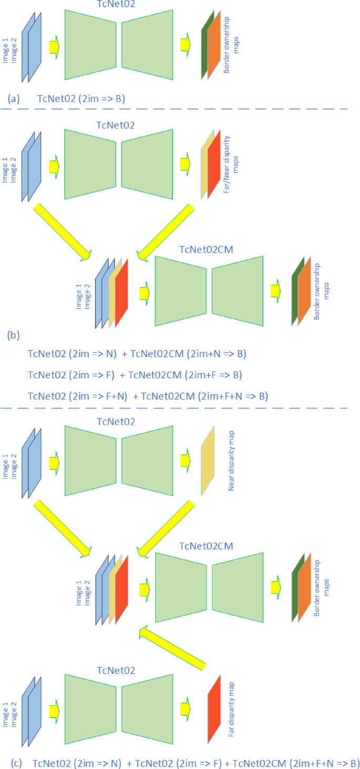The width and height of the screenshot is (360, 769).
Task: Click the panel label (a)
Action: click(14, 98)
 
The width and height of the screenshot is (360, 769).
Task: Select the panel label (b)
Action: click(14, 335)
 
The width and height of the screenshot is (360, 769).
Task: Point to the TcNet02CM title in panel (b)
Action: click(205, 249)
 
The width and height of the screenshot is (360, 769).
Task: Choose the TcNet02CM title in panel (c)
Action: click(205, 546)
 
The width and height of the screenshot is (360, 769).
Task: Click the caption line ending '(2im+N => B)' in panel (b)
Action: click(137, 354)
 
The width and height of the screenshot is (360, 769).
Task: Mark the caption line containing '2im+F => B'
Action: click(136, 375)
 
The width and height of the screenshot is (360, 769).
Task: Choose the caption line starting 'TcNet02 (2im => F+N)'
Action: click(148, 396)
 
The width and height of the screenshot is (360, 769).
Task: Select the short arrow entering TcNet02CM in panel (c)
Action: click(144, 589)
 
